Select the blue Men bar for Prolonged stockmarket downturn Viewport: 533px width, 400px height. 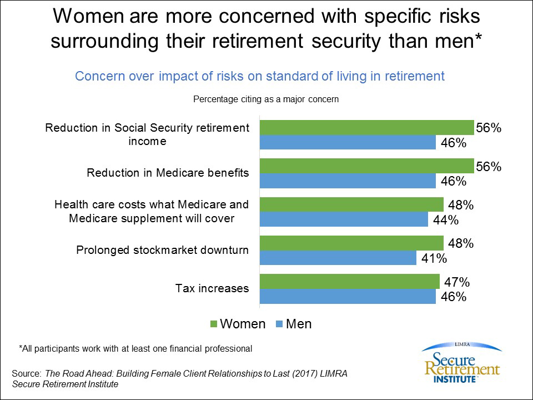[x=338, y=258]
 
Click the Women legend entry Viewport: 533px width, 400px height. [x=237, y=324]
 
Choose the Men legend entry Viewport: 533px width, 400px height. [x=294, y=324]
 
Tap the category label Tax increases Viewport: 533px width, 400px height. [x=212, y=288]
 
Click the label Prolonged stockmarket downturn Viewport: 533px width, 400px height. [x=162, y=250]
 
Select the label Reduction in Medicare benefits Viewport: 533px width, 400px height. [x=168, y=173]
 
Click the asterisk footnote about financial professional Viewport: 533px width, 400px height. [x=135, y=349]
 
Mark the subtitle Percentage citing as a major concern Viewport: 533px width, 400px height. [x=265, y=100]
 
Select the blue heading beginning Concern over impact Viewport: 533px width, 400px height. [x=260, y=76]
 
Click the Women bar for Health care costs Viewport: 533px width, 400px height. [x=351, y=205]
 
